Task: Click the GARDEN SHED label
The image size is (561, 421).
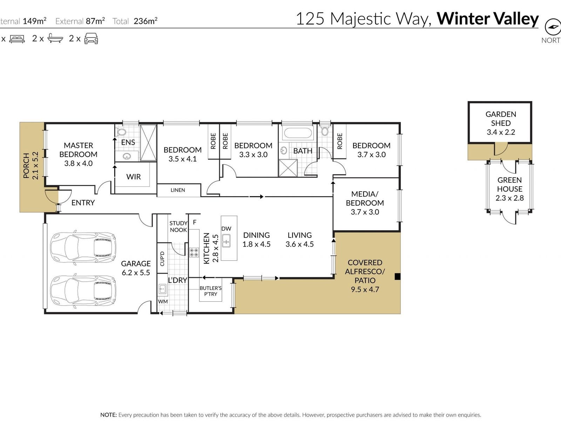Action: tap(501, 119)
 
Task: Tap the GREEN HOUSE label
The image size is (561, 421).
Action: tap(509, 185)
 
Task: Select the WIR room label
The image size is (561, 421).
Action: tap(134, 177)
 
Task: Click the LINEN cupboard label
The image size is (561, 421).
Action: tap(178, 190)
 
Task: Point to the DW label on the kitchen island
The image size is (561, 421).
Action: tap(226, 229)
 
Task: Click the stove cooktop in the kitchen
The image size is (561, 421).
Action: tap(194, 252)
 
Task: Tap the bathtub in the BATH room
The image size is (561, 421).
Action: tap(297, 133)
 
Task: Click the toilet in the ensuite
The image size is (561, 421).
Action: tap(121, 133)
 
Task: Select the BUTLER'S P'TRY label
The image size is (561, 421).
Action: tap(210, 291)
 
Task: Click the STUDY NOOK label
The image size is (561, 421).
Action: tap(178, 226)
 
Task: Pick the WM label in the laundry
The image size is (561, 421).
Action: tap(163, 301)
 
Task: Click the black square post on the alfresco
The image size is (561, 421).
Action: tap(397, 276)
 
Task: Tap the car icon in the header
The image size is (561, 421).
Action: tap(91, 38)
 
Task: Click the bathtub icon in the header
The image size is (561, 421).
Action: tap(55, 38)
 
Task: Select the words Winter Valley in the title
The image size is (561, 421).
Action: tap(487, 19)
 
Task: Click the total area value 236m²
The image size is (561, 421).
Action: tap(145, 21)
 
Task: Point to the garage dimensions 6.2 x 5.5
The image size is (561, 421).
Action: tap(136, 273)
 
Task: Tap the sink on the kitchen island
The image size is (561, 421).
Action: tap(227, 241)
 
